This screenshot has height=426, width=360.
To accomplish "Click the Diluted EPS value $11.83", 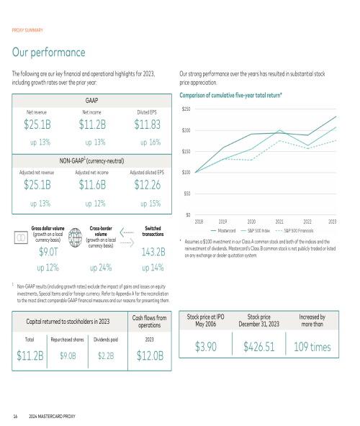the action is coord(148,124).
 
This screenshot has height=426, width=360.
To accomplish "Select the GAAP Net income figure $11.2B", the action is coord(92,124).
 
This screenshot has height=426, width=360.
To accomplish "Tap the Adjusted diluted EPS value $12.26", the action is coord(148,185).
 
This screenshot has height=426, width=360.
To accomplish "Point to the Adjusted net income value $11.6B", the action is coord(92,185).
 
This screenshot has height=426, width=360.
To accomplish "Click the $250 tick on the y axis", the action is coord(186,109).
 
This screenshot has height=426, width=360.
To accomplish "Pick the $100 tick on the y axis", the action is coord(186,172).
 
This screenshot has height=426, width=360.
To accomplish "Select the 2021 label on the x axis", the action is coord(279,222).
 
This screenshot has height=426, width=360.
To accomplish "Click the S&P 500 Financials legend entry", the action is coord(294,231).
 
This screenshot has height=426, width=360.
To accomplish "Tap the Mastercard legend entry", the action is coord(223,231).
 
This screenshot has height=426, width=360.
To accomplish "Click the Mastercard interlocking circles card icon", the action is coord(21,237).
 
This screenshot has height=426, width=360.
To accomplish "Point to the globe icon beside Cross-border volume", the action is coord(75,237).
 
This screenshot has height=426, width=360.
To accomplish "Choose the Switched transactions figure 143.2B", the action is coord(153,252).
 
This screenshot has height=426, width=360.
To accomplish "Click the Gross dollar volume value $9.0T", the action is coord(48,252).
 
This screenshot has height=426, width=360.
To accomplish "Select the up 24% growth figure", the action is coord(101,268).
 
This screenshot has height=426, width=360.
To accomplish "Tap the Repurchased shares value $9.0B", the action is coord(68,355).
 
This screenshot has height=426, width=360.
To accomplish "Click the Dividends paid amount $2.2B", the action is coord(106,355).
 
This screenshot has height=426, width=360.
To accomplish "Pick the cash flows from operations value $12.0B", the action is coord(150,355).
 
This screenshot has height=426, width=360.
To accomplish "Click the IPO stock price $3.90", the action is coord(205,347).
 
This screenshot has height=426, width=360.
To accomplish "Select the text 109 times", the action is coord(312,347).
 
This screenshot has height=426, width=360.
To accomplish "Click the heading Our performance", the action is coord(49,52).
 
